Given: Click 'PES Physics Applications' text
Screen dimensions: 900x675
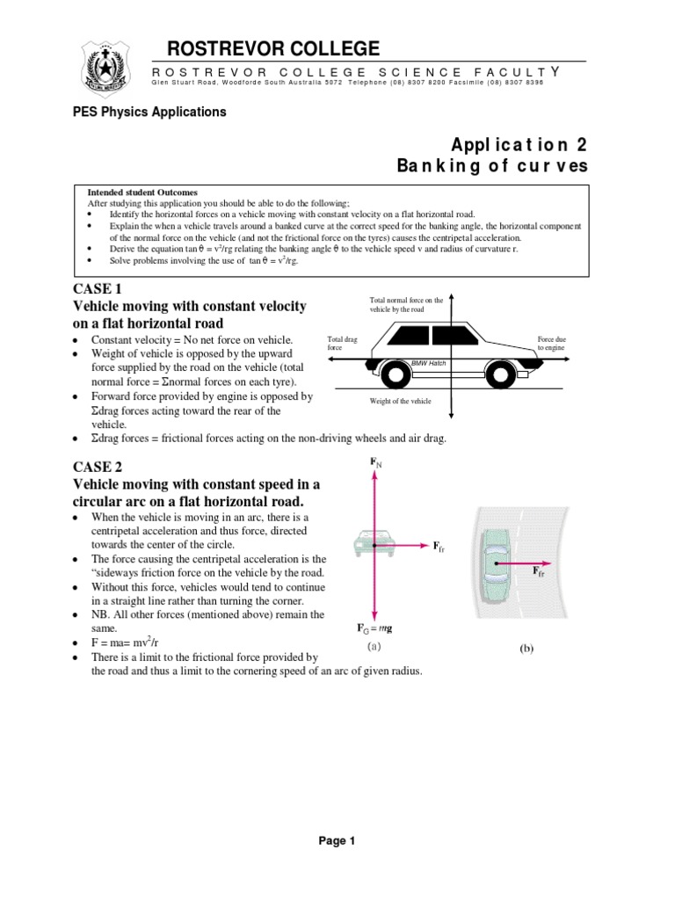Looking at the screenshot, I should [x=149, y=112].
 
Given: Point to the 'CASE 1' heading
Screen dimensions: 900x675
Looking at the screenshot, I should [x=95, y=289].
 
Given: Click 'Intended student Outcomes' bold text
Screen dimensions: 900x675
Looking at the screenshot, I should [x=142, y=192].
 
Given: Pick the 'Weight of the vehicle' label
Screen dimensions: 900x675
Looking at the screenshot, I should [x=402, y=402].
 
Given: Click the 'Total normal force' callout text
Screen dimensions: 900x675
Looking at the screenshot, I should [x=406, y=306].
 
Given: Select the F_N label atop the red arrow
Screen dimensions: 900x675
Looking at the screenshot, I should [x=375, y=461].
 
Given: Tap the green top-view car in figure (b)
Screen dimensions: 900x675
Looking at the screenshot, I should [x=496, y=560].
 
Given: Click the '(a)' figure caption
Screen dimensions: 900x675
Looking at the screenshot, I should [x=374, y=646].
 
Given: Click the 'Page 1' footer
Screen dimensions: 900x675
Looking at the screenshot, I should [x=337, y=841].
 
